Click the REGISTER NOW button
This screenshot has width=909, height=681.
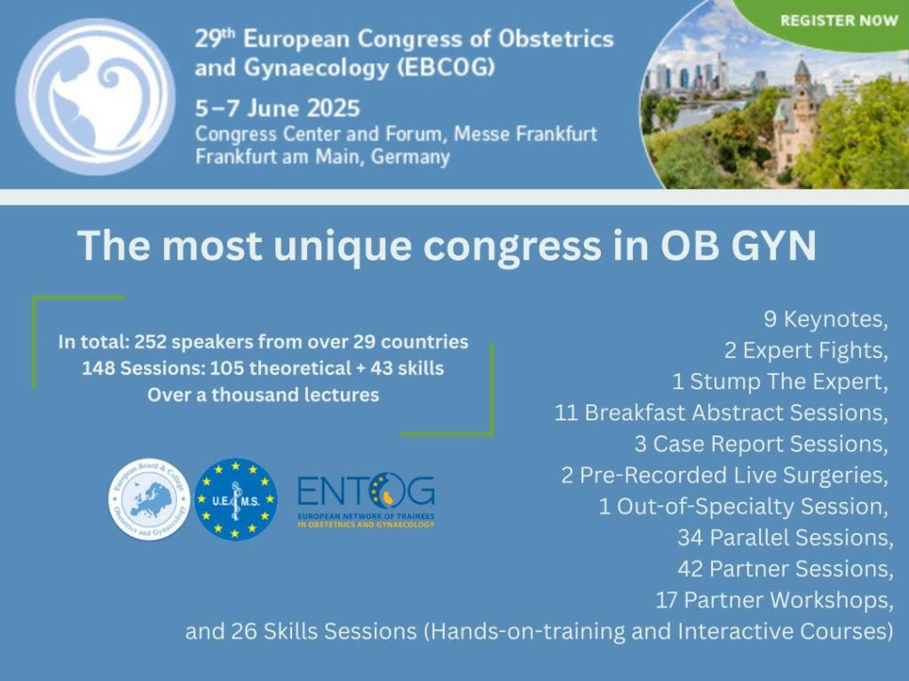click(838, 21)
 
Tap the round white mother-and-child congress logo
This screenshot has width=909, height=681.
click(95, 97)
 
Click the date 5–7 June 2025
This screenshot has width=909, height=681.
click(278, 108)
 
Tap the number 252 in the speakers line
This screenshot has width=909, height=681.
click(150, 341)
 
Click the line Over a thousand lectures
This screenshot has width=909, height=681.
click(263, 395)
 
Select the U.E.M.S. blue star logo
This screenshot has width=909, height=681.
click(235, 500)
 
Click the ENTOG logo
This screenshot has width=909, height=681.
click(366, 500)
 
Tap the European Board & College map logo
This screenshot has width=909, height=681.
click(149, 500)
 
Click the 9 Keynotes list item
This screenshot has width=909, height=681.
click(826, 319)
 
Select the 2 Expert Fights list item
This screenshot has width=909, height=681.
click(806, 350)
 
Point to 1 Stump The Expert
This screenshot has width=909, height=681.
click(779, 381)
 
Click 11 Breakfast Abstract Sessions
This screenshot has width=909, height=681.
click(721, 413)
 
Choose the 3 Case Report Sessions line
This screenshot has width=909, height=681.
click(761, 444)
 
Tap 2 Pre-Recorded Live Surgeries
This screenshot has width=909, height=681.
click(724, 475)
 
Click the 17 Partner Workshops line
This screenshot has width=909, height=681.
click(774, 600)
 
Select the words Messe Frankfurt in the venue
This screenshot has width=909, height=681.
click(526, 134)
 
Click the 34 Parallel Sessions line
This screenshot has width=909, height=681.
click(786, 538)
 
